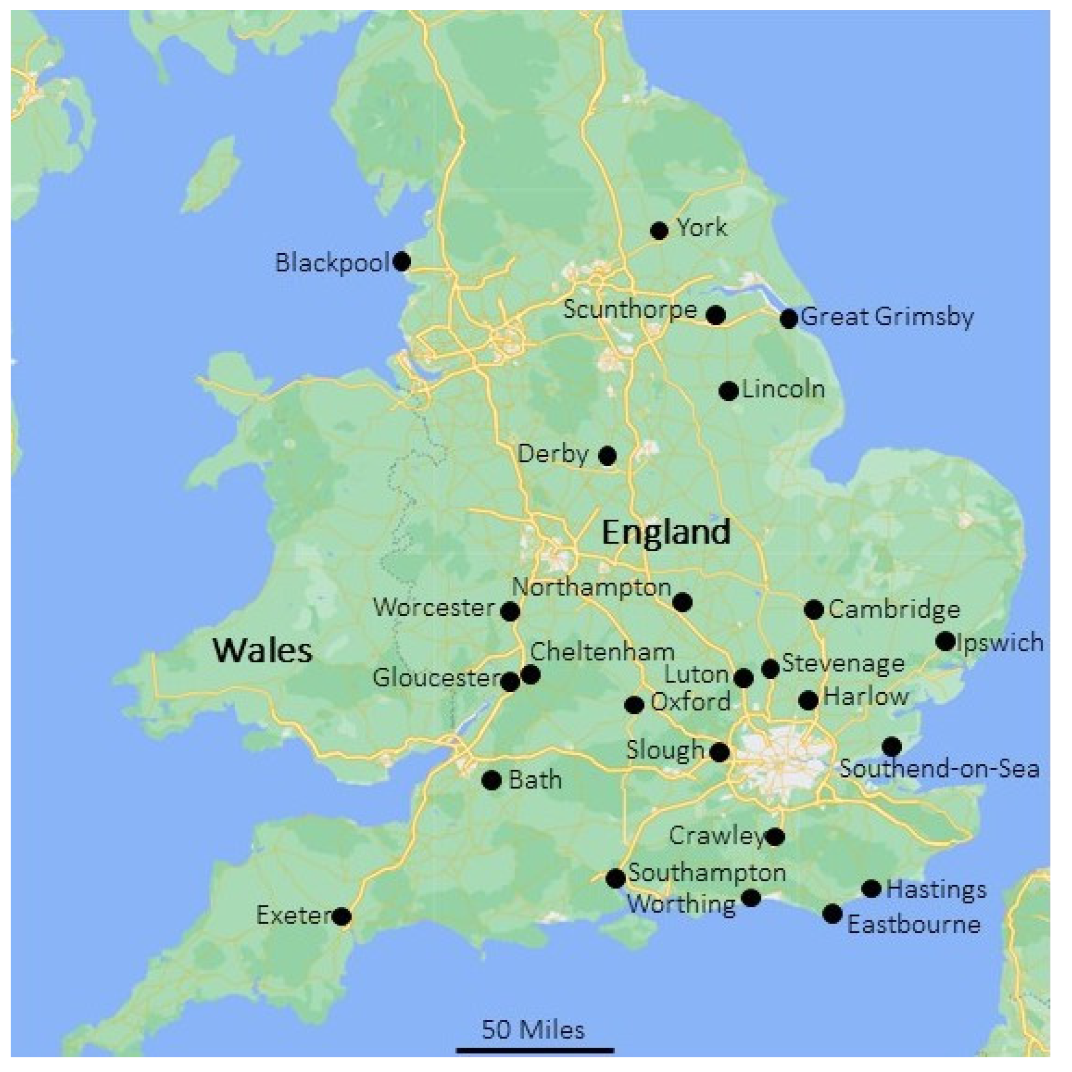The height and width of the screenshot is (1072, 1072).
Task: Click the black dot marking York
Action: [659, 230]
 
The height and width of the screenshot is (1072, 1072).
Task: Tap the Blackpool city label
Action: [332, 263]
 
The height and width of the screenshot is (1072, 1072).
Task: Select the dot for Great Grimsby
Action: [789, 318]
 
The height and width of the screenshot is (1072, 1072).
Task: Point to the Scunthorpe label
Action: [630, 309]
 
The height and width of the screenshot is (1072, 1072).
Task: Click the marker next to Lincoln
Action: [729, 391]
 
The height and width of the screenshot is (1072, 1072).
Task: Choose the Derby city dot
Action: [607, 455]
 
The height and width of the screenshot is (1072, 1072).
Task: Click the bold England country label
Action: [666, 532]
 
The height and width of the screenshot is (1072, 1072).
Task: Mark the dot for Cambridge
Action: [813, 609]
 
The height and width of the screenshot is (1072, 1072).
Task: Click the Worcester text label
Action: [434, 607]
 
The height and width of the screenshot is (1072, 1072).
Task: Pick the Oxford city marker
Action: [634, 705]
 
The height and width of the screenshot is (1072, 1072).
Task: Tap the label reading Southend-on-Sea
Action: [939, 769]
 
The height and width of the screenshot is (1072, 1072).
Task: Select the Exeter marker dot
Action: [342, 916]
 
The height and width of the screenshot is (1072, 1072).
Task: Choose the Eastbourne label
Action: [913, 924]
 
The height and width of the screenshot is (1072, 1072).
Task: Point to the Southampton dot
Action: [615, 878]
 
